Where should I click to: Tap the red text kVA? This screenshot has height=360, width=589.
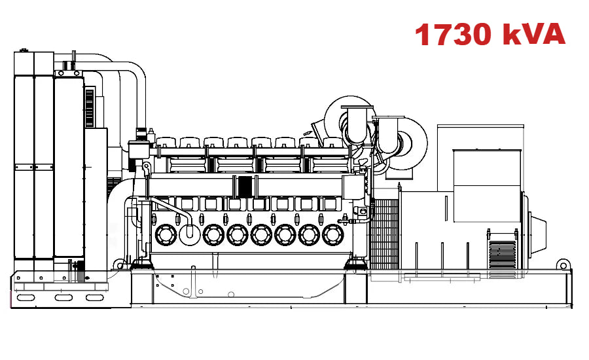[x=533, y=34]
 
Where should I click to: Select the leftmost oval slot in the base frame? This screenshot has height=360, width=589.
[x=26, y=298]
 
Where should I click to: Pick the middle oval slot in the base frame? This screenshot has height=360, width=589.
[x=63, y=298]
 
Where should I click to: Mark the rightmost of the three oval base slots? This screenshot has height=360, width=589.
[x=96, y=298]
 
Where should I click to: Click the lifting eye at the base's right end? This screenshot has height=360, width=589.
[x=562, y=264]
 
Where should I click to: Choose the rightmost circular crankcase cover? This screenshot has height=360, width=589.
[x=333, y=234]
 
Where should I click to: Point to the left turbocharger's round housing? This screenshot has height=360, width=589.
[x=347, y=118]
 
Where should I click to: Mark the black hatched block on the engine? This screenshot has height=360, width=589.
[x=245, y=186]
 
